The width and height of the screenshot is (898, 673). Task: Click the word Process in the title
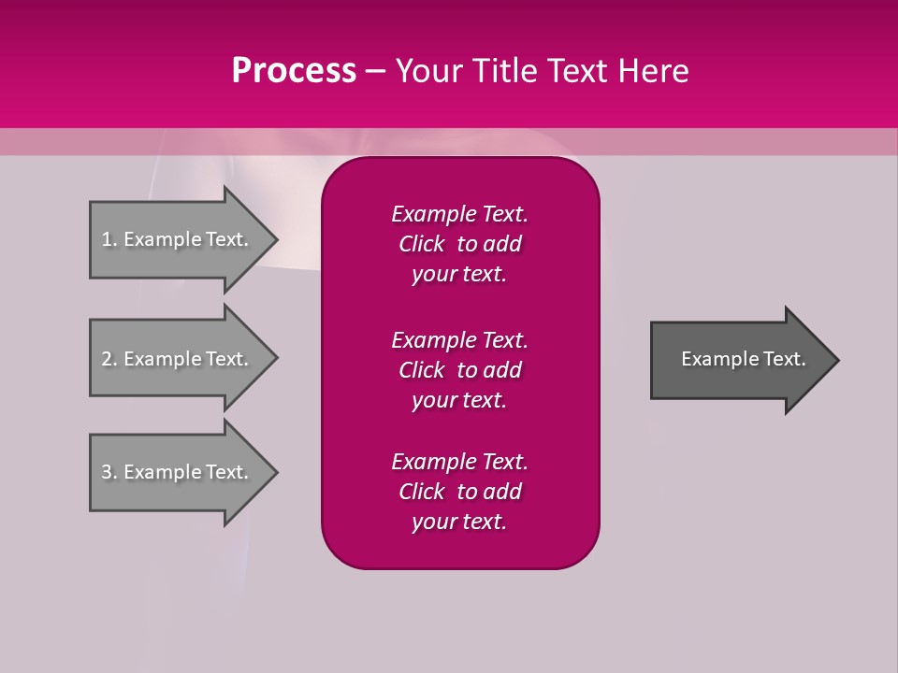(x=294, y=71)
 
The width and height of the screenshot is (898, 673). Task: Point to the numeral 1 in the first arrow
(x=107, y=239)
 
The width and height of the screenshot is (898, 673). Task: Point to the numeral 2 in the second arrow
(x=107, y=359)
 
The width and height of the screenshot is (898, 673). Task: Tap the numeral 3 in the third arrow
(x=107, y=472)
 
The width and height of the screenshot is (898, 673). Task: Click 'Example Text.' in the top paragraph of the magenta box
(x=459, y=214)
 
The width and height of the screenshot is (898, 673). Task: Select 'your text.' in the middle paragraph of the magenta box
(x=459, y=400)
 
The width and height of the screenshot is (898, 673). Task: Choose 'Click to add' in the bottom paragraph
(x=459, y=492)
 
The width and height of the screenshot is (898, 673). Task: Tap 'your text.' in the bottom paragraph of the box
(x=459, y=522)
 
